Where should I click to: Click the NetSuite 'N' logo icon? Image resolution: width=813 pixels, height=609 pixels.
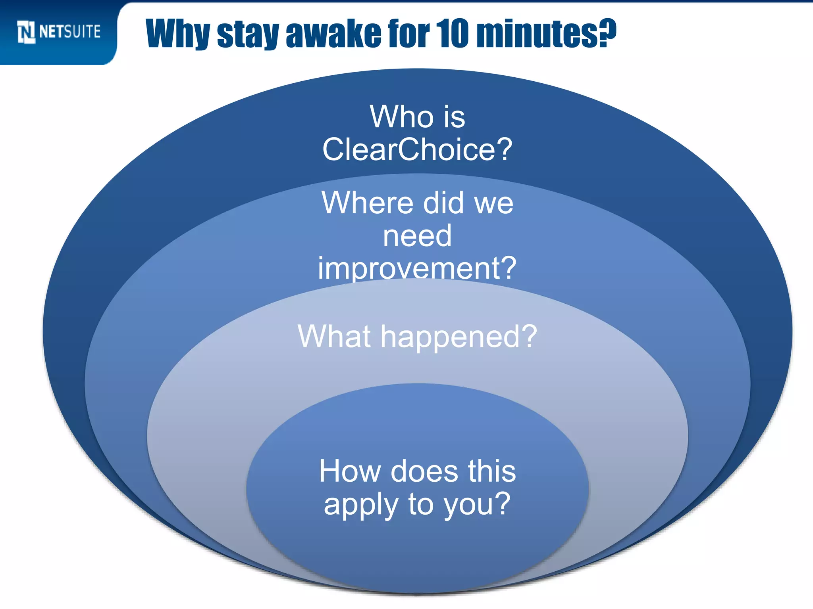click(x=26, y=32)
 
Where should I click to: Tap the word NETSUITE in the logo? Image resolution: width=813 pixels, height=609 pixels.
click(x=70, y=32)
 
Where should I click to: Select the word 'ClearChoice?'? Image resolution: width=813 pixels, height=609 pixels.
click(x=417, y=149)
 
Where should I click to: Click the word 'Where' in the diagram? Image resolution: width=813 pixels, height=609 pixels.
click(x=367, y=203)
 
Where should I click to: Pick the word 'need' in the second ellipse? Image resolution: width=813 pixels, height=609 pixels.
click(x=417, y=236)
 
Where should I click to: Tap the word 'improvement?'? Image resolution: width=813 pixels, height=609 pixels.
click(x=417, y=268)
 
